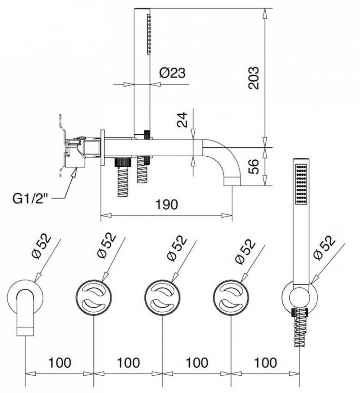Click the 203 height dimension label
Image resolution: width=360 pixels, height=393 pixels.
[x=253, y=78]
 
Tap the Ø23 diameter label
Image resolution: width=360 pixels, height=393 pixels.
[x=172, y=73]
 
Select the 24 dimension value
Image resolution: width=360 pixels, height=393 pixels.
[x=182, y=120]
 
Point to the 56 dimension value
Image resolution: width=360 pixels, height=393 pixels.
[x=253, y=166]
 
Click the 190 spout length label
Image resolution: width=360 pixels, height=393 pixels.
[x=167, y=204]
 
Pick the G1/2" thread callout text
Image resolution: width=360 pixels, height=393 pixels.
[x=30, y=199]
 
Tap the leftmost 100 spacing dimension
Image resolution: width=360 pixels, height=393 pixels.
[x=60, y=363]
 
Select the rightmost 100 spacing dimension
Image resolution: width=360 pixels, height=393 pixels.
[x=266, y=363]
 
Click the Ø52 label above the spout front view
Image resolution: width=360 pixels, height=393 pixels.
[x=41, y=247]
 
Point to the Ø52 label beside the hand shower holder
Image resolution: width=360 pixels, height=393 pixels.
[x=325, y=248]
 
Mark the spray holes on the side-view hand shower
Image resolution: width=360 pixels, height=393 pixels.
[x=149, y=34]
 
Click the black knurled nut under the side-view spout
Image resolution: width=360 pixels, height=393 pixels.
[x=123, y=162]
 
